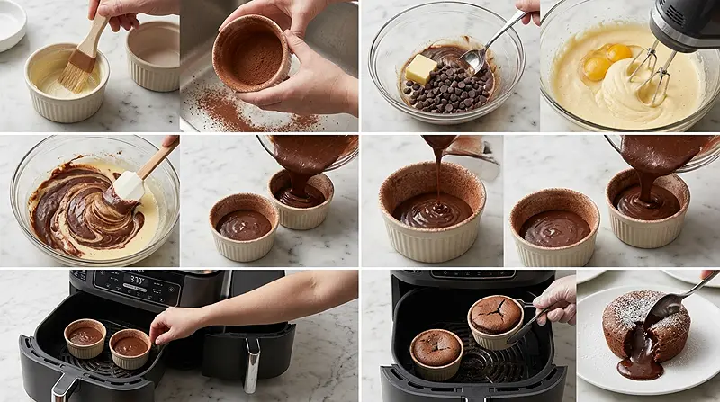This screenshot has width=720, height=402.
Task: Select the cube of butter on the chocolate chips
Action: click(420, 68)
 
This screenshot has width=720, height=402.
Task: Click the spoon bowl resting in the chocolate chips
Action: click(473, 60)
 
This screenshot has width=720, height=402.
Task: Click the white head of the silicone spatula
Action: click(128, 186)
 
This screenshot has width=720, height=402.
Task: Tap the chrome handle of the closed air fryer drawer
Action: click(252, 364)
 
